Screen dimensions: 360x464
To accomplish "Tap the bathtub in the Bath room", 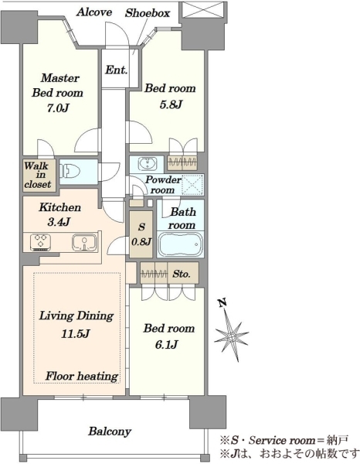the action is coord(180,244).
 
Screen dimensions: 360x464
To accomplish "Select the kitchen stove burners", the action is coord(40,243).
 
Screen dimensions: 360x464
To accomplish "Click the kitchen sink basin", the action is coord(84,243).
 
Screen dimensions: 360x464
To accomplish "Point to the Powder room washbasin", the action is coord(146,163).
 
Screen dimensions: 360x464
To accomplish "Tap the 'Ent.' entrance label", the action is coord(117,70).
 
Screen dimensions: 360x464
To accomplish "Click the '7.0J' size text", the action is coord(58,108).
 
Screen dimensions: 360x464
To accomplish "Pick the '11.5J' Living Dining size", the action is coord(76,334).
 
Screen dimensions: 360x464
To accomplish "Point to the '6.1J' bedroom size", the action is coord(166,344).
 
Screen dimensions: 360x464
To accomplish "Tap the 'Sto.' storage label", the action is coord(182,274).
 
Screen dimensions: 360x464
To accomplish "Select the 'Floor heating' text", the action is coord(82,376).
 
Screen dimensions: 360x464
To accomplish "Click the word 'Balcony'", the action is coord(110,432).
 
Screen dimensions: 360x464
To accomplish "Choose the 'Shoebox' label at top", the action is coord(148,13).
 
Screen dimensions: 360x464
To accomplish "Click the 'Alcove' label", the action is coord(94,12).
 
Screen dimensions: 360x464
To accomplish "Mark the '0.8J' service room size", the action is coord(141,242).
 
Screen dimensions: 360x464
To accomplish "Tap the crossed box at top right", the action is coord(203,10).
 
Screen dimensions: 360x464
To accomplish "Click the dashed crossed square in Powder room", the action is coord(192,185).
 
